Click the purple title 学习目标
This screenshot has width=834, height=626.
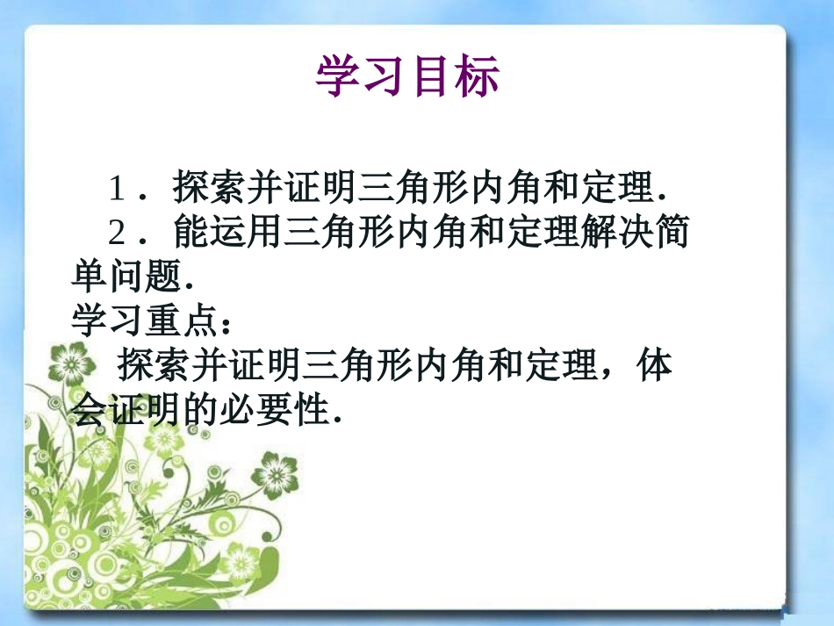click(407, 76)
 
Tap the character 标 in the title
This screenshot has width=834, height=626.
click(478, 76)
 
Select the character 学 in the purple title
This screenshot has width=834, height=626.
click(337, 76)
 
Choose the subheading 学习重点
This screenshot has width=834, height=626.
click(142, 321)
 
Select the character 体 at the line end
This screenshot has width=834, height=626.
click(654, 366)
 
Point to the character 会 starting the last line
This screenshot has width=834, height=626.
click(88, 410)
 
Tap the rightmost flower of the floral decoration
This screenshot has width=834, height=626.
click(279, 474)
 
